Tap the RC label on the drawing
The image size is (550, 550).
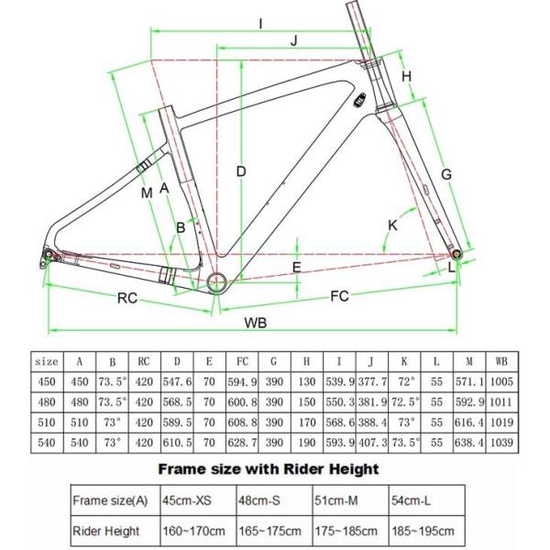[x=126, y=297]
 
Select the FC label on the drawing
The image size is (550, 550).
[x=339, y=296]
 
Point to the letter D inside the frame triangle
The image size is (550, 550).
[x=240, y=171]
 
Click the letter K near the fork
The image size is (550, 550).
[x=392, y=224]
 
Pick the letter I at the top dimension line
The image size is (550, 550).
[x=261, y=22]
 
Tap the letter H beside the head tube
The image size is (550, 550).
[x=406, y=75]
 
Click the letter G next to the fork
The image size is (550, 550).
[x=446, y=174]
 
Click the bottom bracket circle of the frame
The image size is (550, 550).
[x=218, y=280]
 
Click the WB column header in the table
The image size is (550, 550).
[x=499, y=361]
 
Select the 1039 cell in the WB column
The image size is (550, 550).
[x=499, y=442]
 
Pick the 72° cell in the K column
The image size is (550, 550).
[x=404, y=381]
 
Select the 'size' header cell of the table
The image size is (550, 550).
[x=47, y=361]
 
